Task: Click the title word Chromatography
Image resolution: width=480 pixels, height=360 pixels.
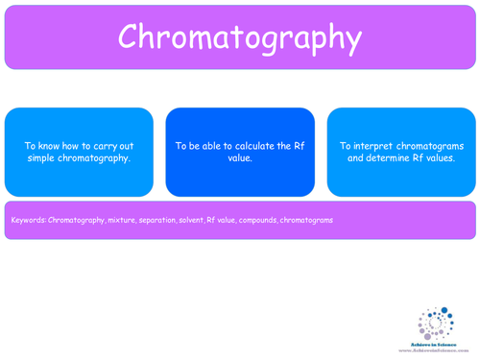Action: [x=240, y=36]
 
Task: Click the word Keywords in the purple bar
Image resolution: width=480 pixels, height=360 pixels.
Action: [x=28, y=220]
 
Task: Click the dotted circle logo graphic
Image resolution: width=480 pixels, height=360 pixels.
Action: [x=437, y=322]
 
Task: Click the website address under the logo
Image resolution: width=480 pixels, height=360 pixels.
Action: [x=436, y=348]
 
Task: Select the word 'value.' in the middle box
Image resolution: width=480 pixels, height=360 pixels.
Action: [x=240, y=157]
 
